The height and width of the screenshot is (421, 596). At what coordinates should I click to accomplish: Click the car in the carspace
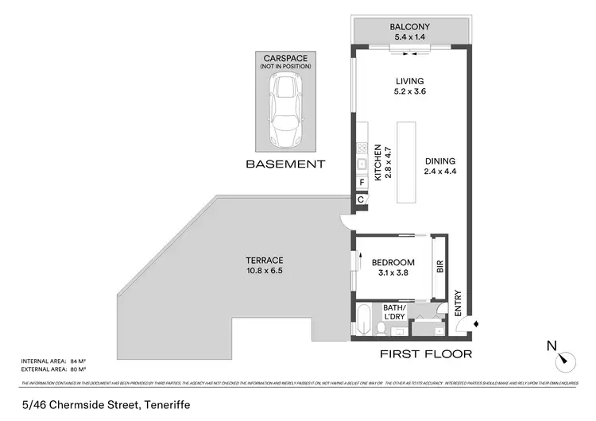point(284,109)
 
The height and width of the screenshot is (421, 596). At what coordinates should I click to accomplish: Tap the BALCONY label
point(410,27)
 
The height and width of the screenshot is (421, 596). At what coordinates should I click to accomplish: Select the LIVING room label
point(410,81)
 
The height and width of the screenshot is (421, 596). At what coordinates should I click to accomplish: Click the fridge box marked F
point(362,182)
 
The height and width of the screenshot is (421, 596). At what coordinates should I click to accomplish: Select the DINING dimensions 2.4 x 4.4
point(439,171)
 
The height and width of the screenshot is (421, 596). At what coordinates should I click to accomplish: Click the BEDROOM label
point(393,263)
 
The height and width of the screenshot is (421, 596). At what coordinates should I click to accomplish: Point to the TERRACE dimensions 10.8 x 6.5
point(265,271)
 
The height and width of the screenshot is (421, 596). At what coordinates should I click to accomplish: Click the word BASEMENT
point(285,164)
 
